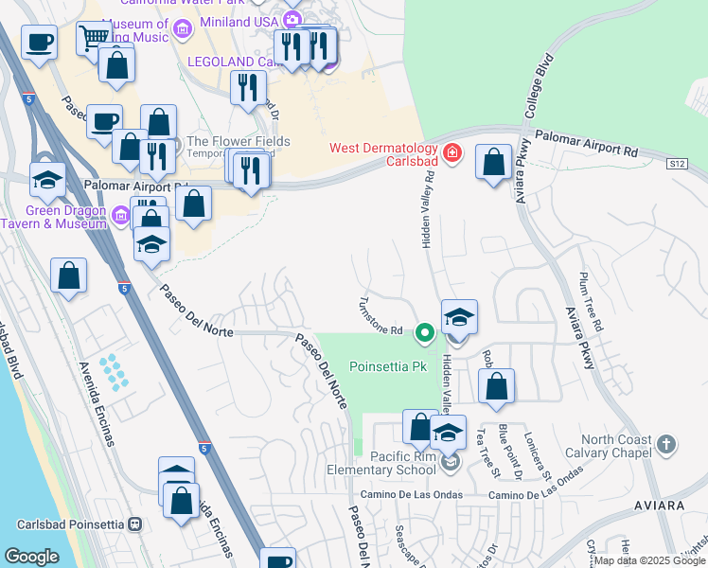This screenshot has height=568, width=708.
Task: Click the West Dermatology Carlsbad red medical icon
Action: (451, 151)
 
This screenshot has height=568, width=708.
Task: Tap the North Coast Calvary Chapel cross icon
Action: (666, 443)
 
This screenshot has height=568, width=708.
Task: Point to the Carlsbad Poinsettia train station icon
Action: (135, 524)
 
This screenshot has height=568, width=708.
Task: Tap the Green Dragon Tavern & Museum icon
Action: (120, 217)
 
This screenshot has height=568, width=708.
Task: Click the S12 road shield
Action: (675, 164)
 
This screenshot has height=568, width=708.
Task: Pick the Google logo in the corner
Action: (31, 557)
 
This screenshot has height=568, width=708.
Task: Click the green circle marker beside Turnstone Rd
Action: (426, 331)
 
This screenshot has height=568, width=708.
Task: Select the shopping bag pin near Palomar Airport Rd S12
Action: (493, 162)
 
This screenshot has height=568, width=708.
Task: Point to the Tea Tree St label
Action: (485, 445)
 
